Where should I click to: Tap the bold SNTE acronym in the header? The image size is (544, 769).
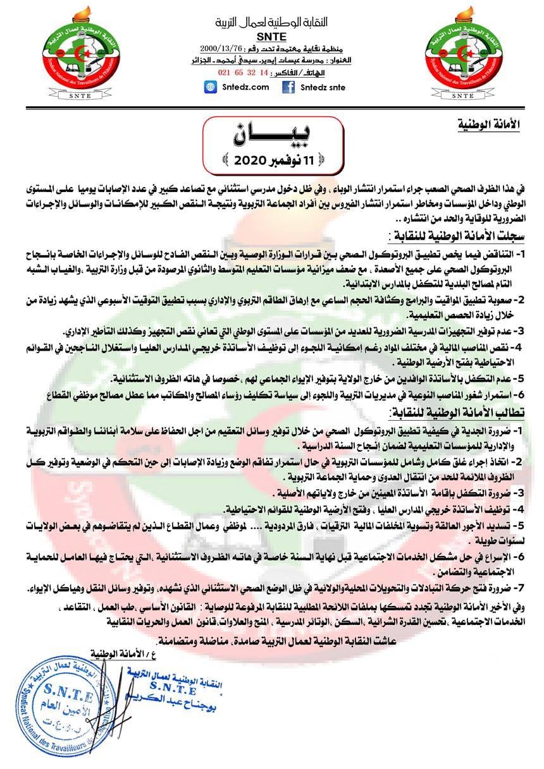(x=268, y=36)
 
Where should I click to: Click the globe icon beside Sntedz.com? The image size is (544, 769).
(x=210, y=88)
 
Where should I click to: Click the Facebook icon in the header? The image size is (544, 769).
(x=289, y=88)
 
